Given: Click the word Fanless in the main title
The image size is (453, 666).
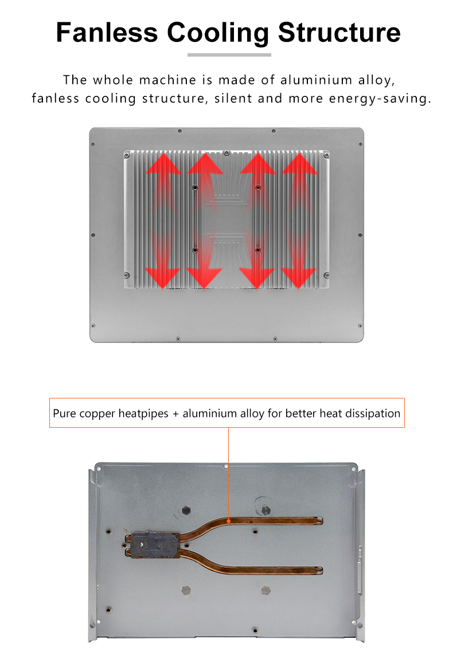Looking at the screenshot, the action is (x=107, y=32).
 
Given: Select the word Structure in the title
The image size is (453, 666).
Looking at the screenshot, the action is (x=339, y=32).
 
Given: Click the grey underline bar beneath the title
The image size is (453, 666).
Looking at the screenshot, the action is (x=229, y=55).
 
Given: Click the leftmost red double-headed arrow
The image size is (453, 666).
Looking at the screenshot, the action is (x=163, y=221).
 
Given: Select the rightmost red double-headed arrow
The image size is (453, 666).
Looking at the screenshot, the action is (x=299, y=221).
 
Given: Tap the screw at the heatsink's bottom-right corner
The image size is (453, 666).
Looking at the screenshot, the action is (x=326, y=276).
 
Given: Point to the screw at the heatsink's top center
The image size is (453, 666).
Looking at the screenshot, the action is (x=226, y=153).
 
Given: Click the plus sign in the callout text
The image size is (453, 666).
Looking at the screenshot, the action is (x=175, y=414).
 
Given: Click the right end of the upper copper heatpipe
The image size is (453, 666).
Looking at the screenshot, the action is (x=320, y=521).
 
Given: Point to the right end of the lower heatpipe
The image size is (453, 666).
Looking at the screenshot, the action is (x=320, y=571).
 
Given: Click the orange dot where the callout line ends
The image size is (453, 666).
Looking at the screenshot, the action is (x=229, y=521).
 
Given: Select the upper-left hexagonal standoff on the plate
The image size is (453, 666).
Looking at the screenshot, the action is (x=186, y=510).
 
